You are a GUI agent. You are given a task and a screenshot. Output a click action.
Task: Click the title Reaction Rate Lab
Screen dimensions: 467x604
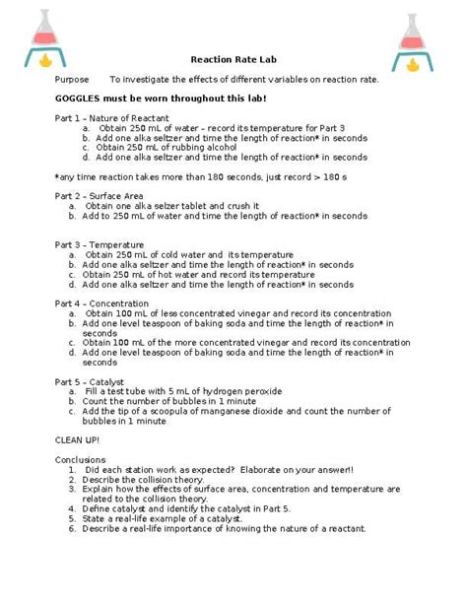tap(233, 59)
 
